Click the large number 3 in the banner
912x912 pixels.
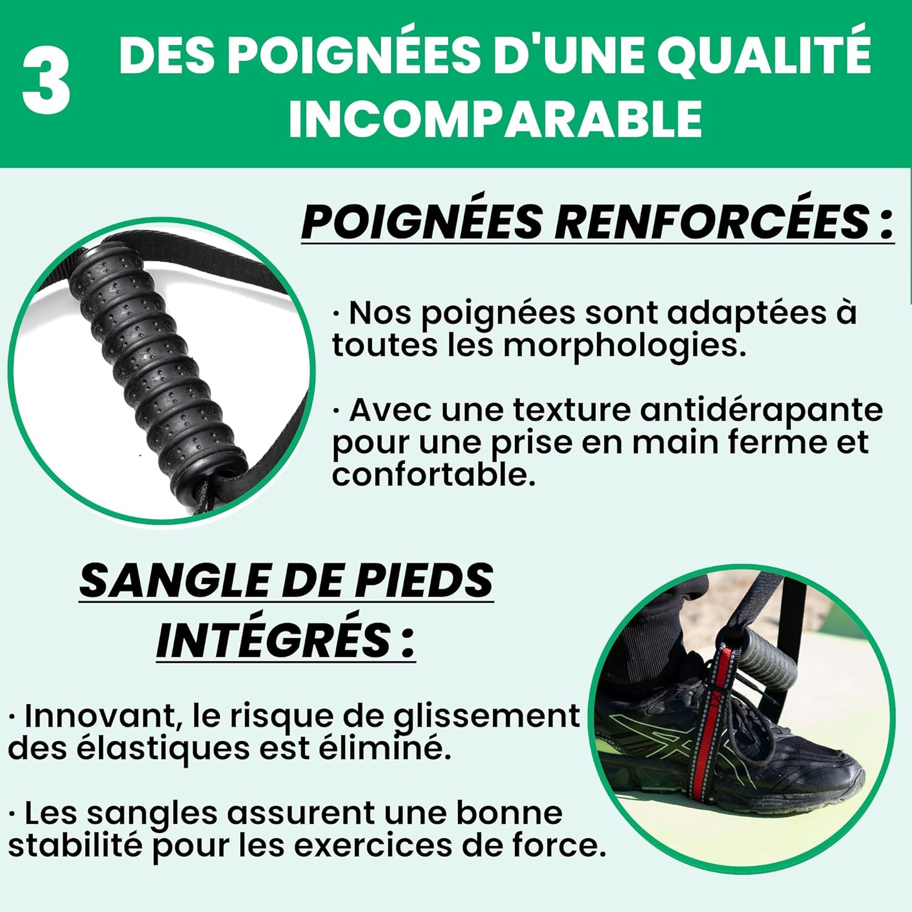(x=47, y=83)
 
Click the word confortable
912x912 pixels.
(x=434, y=474)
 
